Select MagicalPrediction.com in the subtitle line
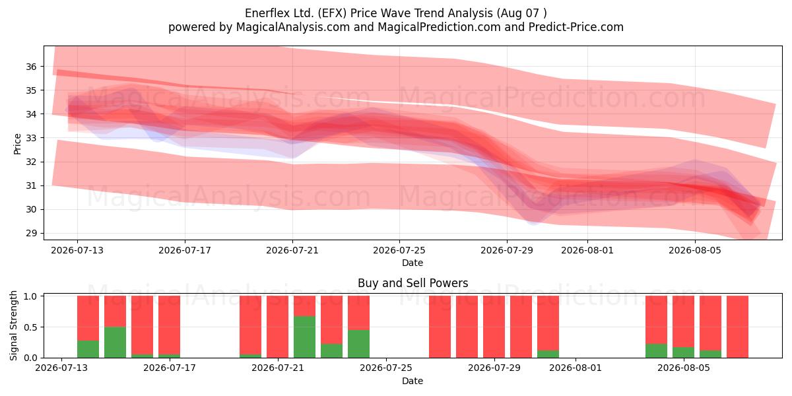click(439, 27)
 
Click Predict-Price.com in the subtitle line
click(576, 27)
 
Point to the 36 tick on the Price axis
click(31, 67)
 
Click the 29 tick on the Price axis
click(31, 234)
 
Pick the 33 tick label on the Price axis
click(31, 138)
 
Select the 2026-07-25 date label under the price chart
click(399, 250)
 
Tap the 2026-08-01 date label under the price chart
click(587, 250)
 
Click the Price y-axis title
click(17, 144)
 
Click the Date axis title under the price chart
click(412, 263)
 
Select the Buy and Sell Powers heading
click(412, 283)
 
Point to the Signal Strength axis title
click(13, 325)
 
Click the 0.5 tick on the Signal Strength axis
click(30, 327)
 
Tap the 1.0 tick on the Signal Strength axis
click(30, 296)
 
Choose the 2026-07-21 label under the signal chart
click(278, 368)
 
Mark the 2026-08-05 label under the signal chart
click(684, 368)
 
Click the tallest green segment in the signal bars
click(304, 337)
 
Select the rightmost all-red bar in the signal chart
click(737, 327)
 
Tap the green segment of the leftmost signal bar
click(88, 349)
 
